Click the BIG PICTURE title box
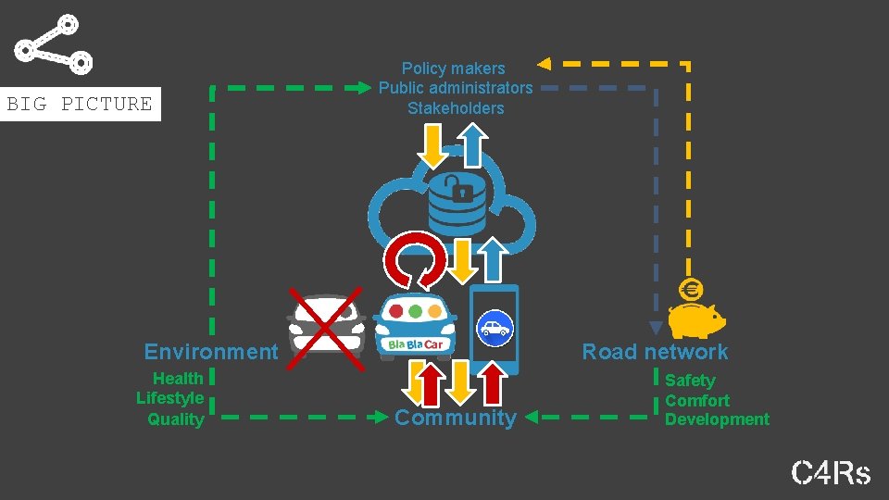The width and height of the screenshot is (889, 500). pos(80,104)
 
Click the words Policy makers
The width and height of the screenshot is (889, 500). pos(454,69)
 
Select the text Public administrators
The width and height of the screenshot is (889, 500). pos(456,88)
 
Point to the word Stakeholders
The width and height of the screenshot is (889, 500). pos(456,108)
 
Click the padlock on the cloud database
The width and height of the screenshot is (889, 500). pos(457,189)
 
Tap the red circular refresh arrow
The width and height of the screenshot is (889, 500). pos(415,259)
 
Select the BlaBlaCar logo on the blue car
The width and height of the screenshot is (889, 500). pos(416,344)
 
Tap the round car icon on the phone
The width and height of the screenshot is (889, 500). pos(495,327)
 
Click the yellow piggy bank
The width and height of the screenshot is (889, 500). pos(696,319)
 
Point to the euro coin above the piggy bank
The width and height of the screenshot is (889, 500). pos(690,290)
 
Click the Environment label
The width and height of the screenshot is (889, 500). pos(210,352)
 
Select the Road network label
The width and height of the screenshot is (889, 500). pos(655,352)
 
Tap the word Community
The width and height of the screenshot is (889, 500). pos(456,418)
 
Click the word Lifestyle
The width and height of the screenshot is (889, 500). pos(170,398)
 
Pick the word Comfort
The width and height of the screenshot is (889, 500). pos(697,400)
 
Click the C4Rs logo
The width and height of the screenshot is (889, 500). pos(831,473)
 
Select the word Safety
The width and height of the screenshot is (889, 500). pos(690,380)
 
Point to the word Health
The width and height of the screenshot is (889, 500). pos(178,378)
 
